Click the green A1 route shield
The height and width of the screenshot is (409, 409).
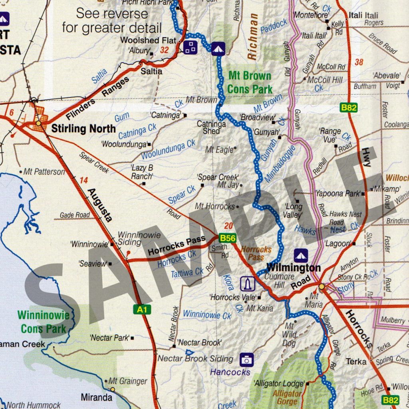(142, 309)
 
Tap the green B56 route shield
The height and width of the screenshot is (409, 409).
(227, 238)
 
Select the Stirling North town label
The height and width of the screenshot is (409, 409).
(83, 129)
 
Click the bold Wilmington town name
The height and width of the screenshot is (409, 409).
(294, 268)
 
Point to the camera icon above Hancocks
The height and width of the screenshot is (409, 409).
(246, 360)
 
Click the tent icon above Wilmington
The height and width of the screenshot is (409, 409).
(300, 255)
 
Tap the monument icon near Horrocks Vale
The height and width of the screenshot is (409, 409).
(247, 284)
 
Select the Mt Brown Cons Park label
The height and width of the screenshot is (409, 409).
(249, 82)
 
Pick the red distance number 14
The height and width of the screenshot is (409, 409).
(83, 181)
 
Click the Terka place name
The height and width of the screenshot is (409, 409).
(357, 361)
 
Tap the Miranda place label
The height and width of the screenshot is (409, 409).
(96, 398)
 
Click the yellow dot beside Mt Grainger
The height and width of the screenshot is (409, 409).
(113, 389)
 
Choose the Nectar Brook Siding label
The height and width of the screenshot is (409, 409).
(195, 358)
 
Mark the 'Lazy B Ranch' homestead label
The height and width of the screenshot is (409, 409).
(142, 172)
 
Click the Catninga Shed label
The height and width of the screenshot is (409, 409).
(211, 127)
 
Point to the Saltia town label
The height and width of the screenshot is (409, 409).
(152, 71)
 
